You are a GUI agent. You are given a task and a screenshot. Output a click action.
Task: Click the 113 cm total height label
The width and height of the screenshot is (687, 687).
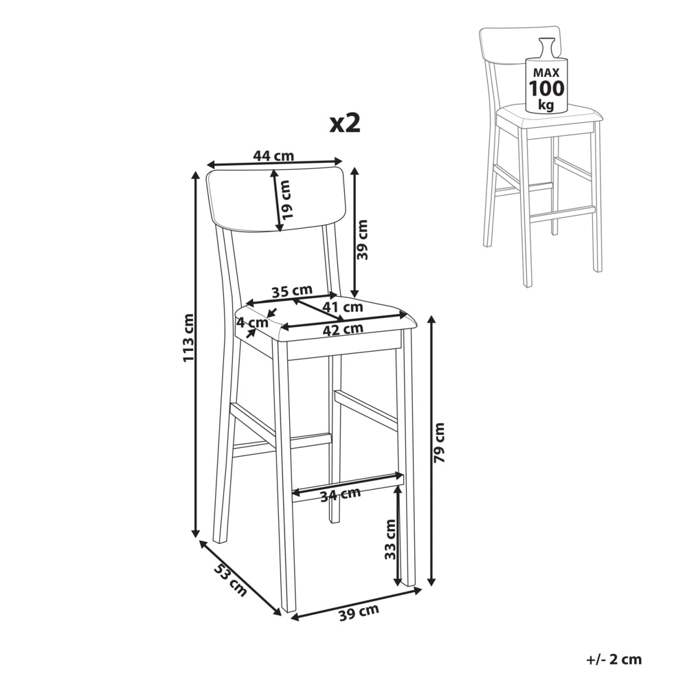188,338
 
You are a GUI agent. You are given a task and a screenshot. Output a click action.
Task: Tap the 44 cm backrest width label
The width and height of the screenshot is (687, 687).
273,155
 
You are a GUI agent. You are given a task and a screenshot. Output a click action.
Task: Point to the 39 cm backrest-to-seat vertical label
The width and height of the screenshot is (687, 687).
363,240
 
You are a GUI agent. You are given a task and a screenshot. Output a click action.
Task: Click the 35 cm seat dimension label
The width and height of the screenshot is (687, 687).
292,291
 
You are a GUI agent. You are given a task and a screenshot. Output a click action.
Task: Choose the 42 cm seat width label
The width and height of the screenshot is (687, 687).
343,329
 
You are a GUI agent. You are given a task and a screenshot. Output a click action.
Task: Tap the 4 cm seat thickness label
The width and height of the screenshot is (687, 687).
252,323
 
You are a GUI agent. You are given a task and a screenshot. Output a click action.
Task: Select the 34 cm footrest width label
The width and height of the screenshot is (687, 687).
341,495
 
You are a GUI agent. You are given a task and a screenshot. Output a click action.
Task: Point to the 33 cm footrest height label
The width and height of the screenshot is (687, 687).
390,539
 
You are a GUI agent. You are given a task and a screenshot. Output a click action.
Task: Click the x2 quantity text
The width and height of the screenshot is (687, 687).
346,124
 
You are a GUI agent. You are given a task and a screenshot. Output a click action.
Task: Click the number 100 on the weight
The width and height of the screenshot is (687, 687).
547,89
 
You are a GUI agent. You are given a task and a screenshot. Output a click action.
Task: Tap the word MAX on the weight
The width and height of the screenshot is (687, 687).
546,74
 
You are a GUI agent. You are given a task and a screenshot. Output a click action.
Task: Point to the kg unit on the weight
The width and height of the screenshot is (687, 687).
546,105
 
